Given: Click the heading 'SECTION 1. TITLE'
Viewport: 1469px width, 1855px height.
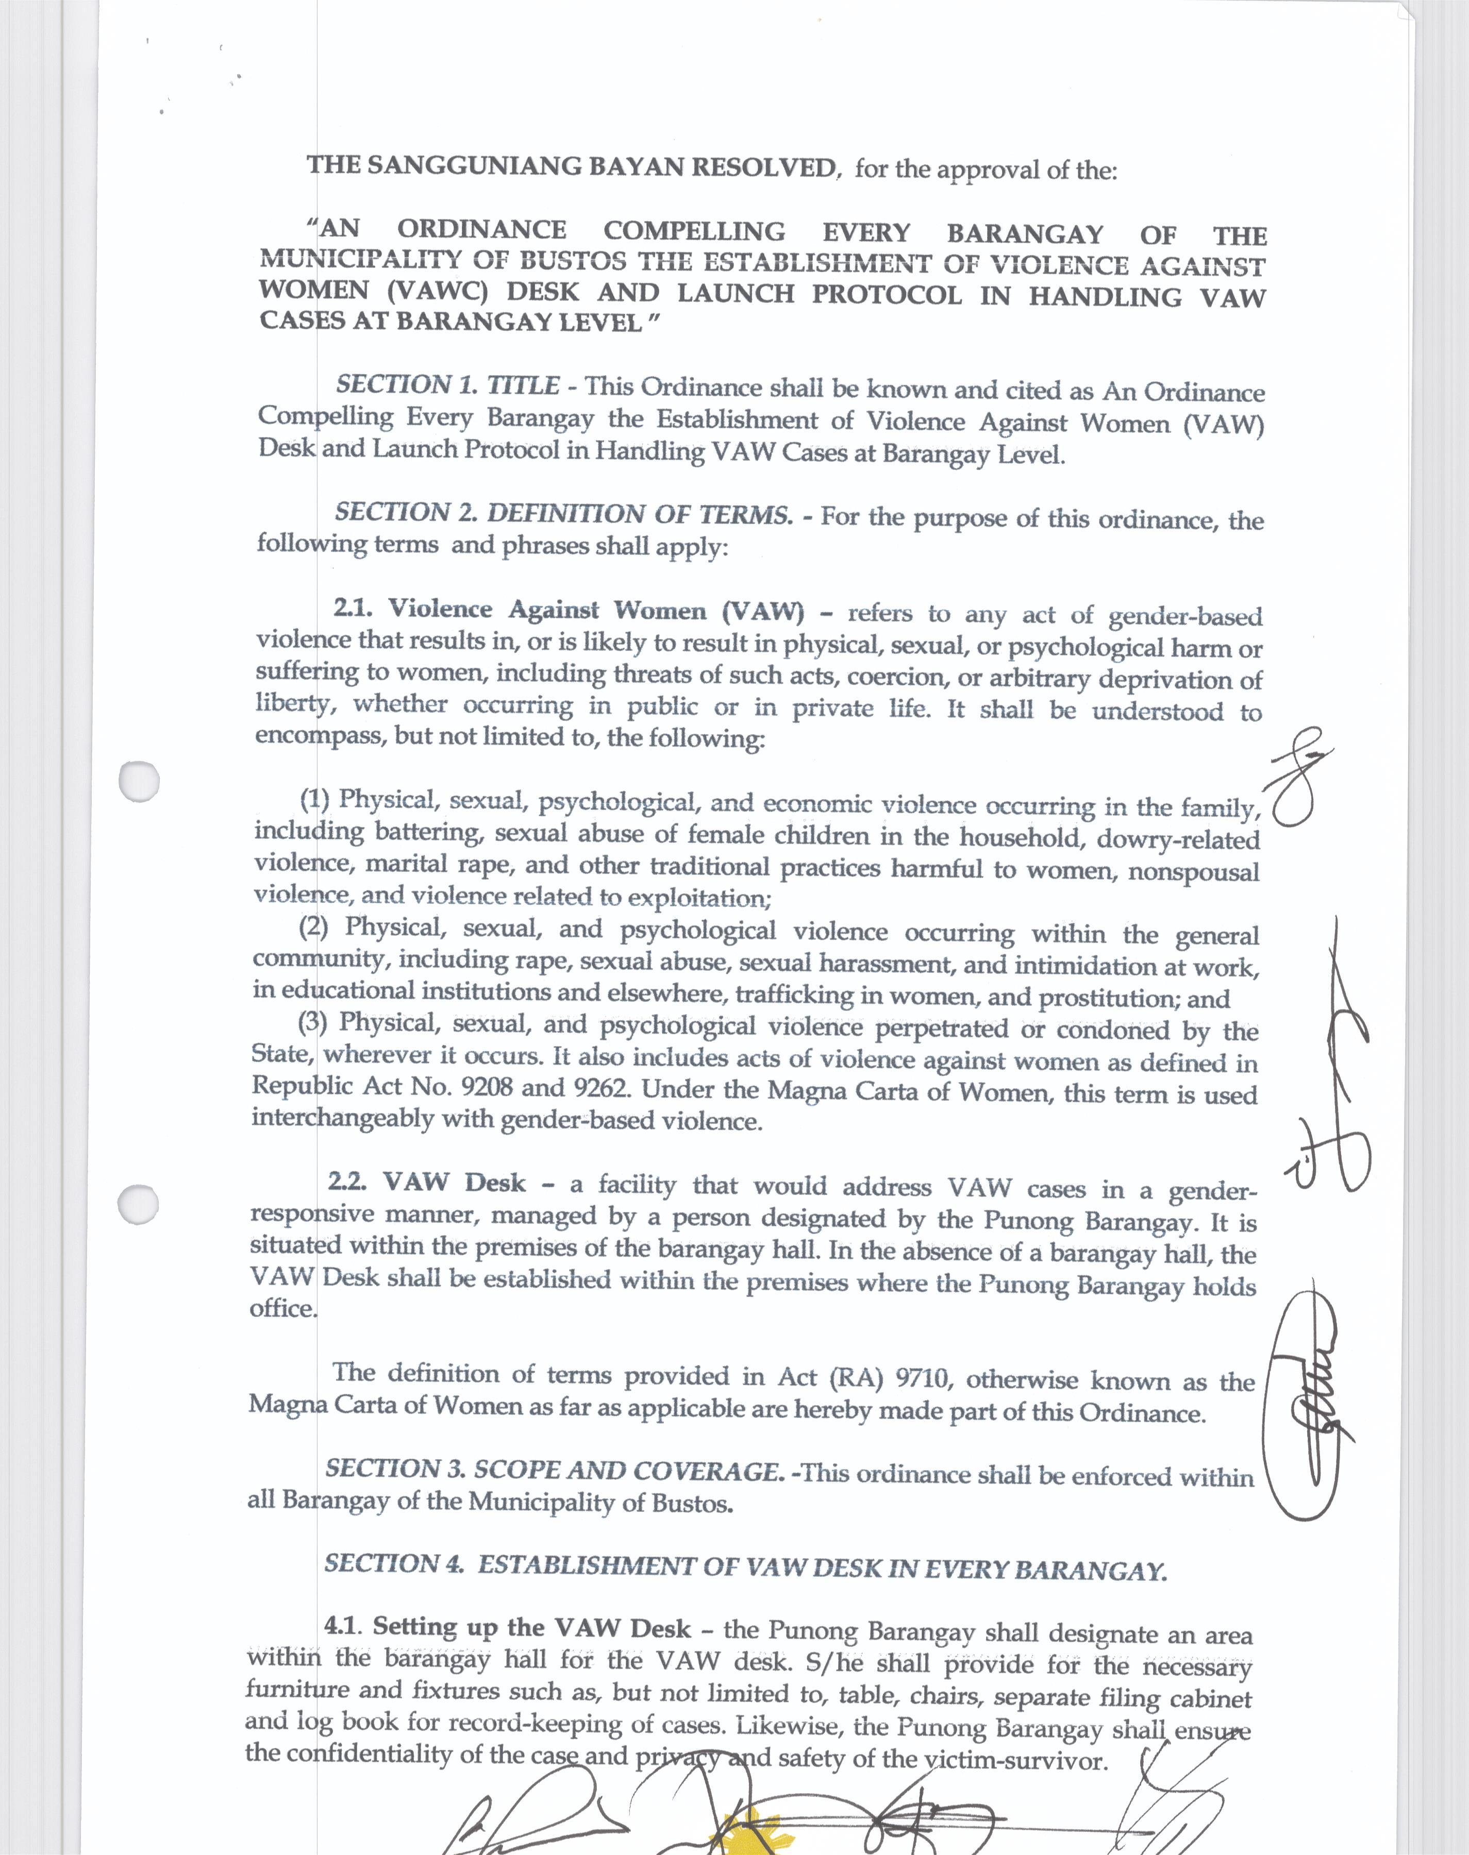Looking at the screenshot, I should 447,385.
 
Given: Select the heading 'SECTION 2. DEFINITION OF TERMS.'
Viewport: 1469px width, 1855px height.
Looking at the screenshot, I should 563,514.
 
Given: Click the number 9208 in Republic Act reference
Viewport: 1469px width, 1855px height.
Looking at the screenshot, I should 487,1087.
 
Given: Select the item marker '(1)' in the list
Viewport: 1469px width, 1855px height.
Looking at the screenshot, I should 315,799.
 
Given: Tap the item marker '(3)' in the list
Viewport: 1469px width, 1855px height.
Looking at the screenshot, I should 314,1023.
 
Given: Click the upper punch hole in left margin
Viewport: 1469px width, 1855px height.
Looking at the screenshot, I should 139,781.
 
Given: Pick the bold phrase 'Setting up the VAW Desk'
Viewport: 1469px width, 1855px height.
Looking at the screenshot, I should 531,1628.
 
